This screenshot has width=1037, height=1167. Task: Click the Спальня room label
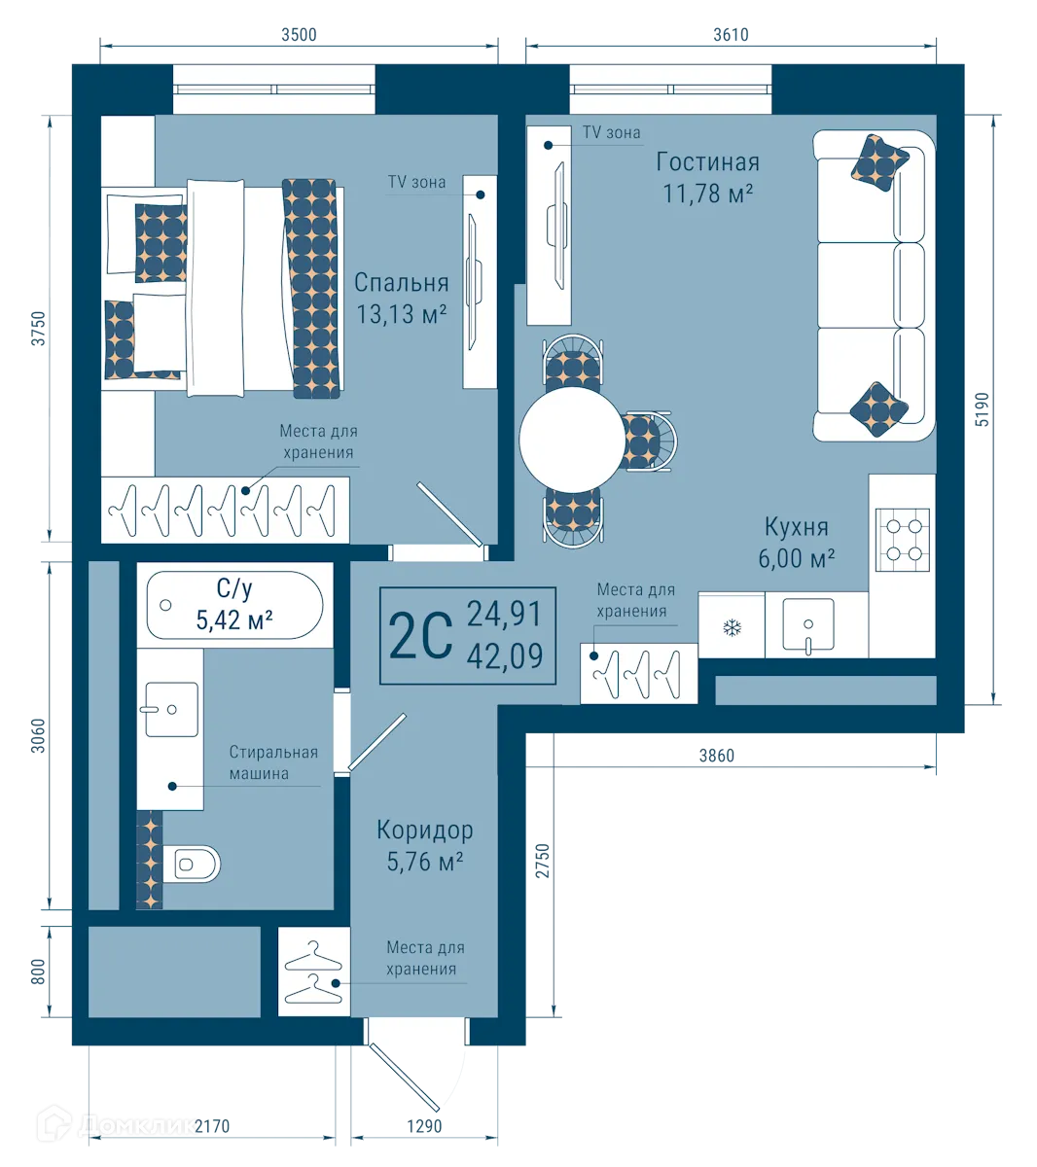tap(401, 283)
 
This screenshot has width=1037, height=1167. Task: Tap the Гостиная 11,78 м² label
tap(707, 177)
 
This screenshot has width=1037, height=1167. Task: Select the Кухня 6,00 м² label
tap(797, 542)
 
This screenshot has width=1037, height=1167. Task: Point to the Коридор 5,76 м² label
tap(425, 845)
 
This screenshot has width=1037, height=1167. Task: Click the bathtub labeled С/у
tap(233, 605)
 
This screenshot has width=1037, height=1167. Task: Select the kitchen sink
tap(807, 624)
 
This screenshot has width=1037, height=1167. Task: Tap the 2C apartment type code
tap(420, 637)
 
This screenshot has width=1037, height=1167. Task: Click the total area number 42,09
tap(504, 657)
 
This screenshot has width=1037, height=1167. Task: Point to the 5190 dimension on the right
tap(983, 408)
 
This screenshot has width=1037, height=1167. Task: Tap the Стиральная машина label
tap(273, 763)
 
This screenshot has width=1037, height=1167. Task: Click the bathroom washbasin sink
tap(170, 709)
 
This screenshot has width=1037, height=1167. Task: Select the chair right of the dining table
tap(646, 440)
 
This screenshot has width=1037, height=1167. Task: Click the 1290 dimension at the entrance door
tap(424, 1126)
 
